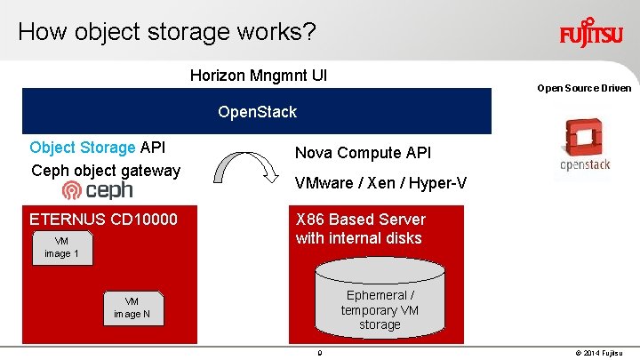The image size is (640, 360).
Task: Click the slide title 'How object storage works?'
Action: coord(166,32)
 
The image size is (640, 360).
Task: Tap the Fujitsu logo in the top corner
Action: coord(590,34)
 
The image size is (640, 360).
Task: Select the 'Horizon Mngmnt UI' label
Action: coord(259,75)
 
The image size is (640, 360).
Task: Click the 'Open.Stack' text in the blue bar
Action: coord(257,112)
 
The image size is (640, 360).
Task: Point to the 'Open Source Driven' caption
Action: coord(584,88)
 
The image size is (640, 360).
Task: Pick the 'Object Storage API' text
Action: coord(98,148)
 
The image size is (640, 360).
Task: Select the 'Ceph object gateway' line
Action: coord(105,170)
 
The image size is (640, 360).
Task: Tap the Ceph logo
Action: coord(97,190)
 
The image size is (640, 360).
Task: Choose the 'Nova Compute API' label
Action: coord(363,153)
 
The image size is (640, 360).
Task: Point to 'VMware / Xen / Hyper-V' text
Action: coord(380,183)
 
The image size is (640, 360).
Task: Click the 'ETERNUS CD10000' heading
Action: coord(103,220)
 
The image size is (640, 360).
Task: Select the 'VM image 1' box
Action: coord(61,248)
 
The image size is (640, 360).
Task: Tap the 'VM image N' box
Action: coord(132,308)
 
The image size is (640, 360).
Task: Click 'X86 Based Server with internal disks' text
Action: coord(360,228)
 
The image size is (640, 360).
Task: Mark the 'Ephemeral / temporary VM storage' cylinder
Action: coord(380,302)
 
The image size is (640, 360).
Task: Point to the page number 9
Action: coord(319,353)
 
